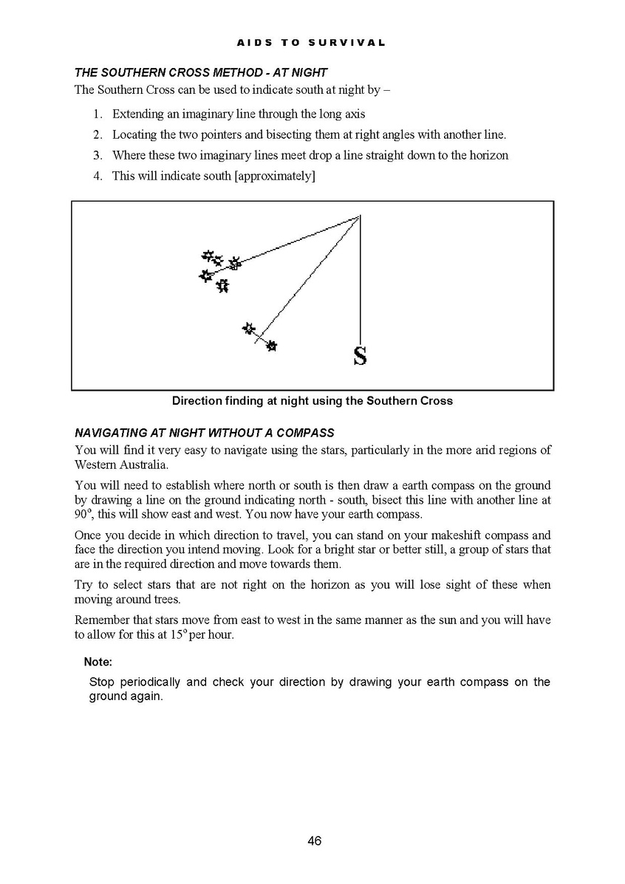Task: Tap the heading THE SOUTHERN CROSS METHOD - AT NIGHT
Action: (x=201, y=73)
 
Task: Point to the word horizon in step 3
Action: (x=487, y=155)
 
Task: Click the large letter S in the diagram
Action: (x=360, y=357)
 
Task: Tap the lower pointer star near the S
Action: (x=272, y=345)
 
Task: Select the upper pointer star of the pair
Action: (x=249, y=328)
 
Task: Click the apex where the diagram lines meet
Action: (x=360, y=215)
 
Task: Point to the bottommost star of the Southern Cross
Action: (x=222, y=285)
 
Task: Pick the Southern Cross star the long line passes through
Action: (x=235, y=263)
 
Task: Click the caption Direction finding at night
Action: (x=312, y=401)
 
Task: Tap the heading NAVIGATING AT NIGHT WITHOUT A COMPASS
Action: (x=205, y=433)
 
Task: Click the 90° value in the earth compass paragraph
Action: (x=81, y=515)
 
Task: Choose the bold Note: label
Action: (x=98, y=662)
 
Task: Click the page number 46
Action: (x=314, y=840)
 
